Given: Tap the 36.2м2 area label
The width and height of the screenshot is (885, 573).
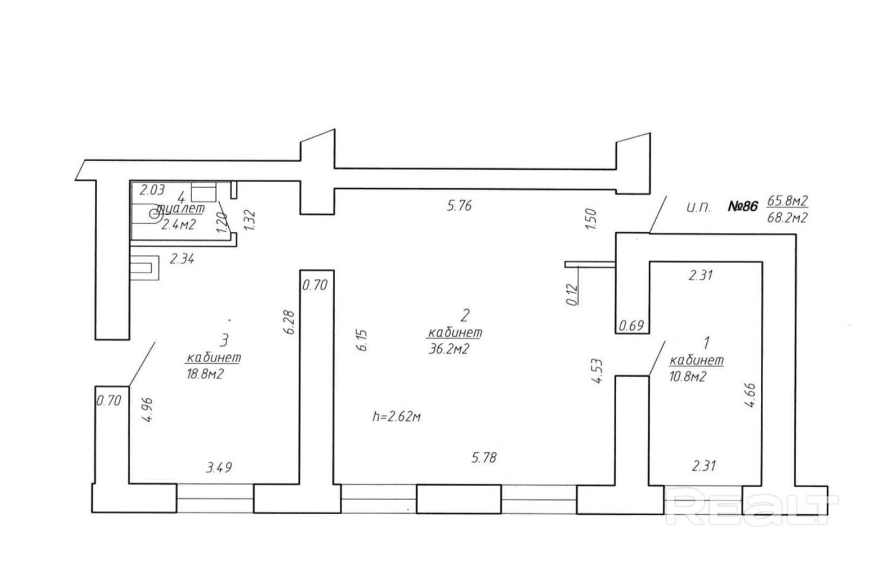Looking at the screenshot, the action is [448, 349].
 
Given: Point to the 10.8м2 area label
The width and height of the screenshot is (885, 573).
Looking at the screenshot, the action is [686, 377].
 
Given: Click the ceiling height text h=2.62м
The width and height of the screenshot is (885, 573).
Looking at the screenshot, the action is [396, 416].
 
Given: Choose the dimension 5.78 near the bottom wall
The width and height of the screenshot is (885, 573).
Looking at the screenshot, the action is [484, 458].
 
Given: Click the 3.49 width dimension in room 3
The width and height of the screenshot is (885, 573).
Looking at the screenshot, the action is [219, 467].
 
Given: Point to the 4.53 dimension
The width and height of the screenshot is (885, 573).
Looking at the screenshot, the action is [596, 372].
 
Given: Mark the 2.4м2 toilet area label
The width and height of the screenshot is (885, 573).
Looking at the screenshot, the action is [178, 224].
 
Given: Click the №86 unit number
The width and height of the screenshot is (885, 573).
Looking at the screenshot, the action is [743, 206].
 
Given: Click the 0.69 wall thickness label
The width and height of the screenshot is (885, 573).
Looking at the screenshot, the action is [632, 326].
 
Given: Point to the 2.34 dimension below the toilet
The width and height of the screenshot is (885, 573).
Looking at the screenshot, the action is [182, 259].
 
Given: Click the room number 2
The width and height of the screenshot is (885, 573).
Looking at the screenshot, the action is [465, 314].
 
